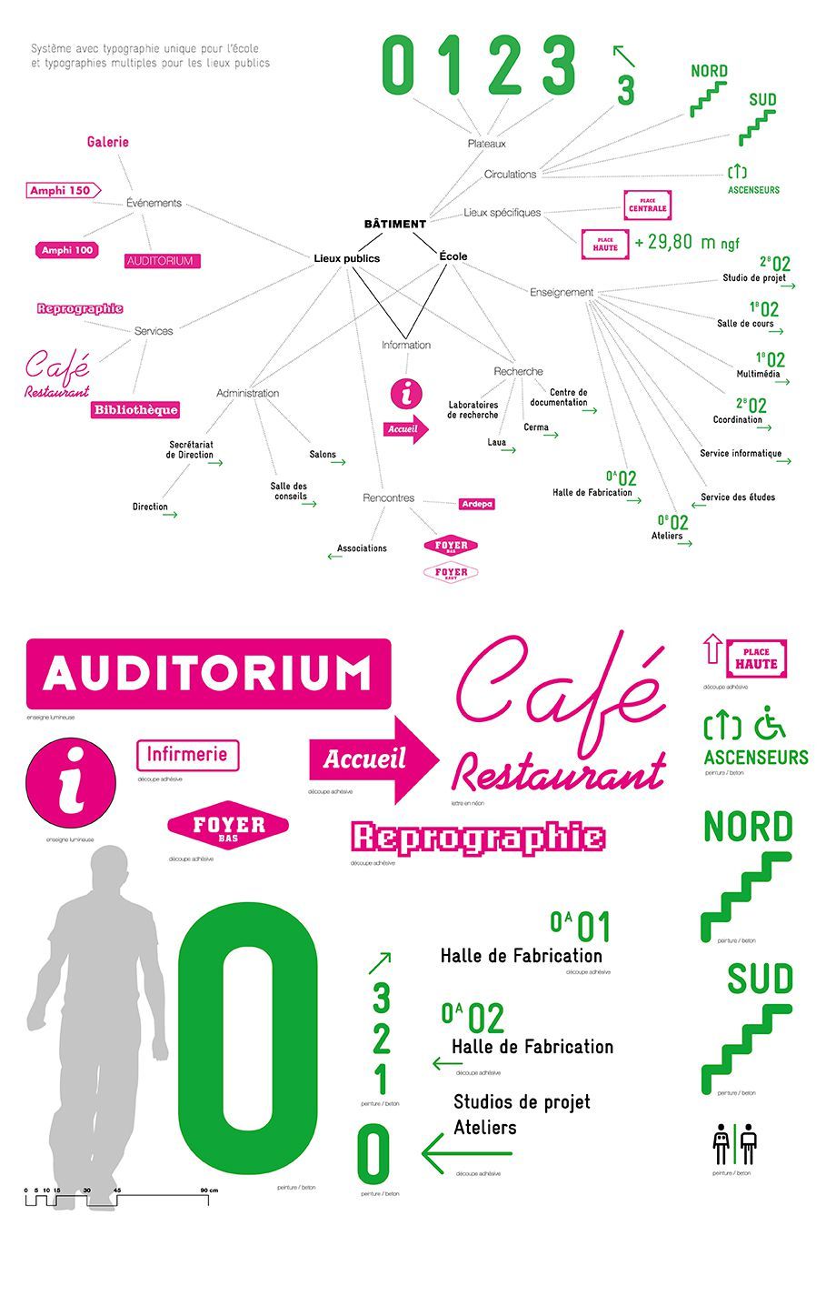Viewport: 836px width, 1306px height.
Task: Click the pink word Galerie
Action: [108, 142]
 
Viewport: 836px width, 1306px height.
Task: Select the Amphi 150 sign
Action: [60, 190]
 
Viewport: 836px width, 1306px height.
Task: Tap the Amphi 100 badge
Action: [67, 250]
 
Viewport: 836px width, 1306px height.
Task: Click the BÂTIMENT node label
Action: [394, 224]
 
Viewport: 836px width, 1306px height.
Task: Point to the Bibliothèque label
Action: [135, 410]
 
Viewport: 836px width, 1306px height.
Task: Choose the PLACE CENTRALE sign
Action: [647, 206]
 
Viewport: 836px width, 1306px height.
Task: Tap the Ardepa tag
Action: [476, 504]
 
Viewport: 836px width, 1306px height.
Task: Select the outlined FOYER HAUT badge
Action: [451, 573]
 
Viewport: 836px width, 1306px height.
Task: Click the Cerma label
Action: [536, 427]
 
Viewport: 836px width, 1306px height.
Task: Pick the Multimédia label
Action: [758, 374]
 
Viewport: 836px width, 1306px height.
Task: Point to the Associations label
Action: [362, 548]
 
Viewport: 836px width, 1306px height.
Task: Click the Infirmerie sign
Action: [187, 755]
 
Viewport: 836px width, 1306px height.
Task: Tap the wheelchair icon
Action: [771, 722]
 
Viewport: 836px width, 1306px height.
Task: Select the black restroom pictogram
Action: [735, 1145]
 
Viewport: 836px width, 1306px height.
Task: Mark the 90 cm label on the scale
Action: [209, 1190]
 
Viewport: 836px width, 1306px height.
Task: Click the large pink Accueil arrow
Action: [373, 759]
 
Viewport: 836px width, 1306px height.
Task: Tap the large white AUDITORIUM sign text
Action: [208, 674]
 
